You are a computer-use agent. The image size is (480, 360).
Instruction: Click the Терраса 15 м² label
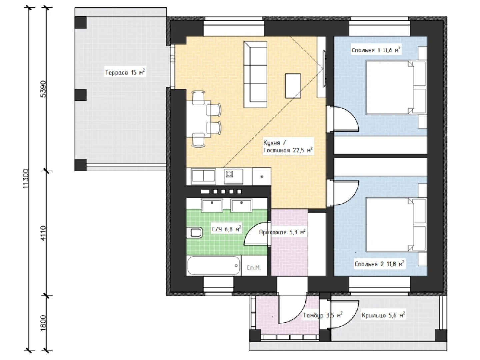pos(125,72)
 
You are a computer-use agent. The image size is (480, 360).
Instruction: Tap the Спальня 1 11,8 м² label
pos(376,50)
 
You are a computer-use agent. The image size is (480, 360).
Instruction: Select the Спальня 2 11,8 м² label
pos(379,264)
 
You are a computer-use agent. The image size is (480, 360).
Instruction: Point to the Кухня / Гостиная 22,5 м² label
pos(288,146)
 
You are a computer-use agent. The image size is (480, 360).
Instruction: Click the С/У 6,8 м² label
pos(227,229)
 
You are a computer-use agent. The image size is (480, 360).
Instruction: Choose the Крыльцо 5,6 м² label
pos(383,315)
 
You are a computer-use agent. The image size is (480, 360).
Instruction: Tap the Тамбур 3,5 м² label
pos(323,315)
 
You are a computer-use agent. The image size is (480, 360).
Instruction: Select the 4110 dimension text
pos(43,233)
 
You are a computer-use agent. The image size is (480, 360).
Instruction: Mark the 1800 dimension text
pos(43,323)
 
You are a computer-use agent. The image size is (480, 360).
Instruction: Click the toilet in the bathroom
pos(194,233)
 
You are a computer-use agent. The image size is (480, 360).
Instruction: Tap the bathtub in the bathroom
pos(214,265)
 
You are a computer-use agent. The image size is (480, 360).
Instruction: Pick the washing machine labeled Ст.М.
pos(254,265)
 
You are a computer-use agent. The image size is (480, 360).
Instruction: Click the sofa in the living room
pos(255,75)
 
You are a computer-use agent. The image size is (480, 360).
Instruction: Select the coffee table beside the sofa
pos(293,86)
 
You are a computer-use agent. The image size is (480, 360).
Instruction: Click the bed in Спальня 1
pos(396,87)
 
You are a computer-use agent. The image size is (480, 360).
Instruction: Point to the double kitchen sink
pos(203,176)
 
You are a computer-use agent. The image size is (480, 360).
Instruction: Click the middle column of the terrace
pos(80,95)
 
